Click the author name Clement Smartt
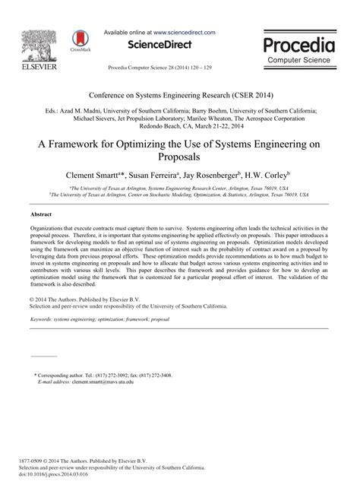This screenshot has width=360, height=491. pos(97,174)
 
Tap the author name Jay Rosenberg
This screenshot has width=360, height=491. pos(223,174)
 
